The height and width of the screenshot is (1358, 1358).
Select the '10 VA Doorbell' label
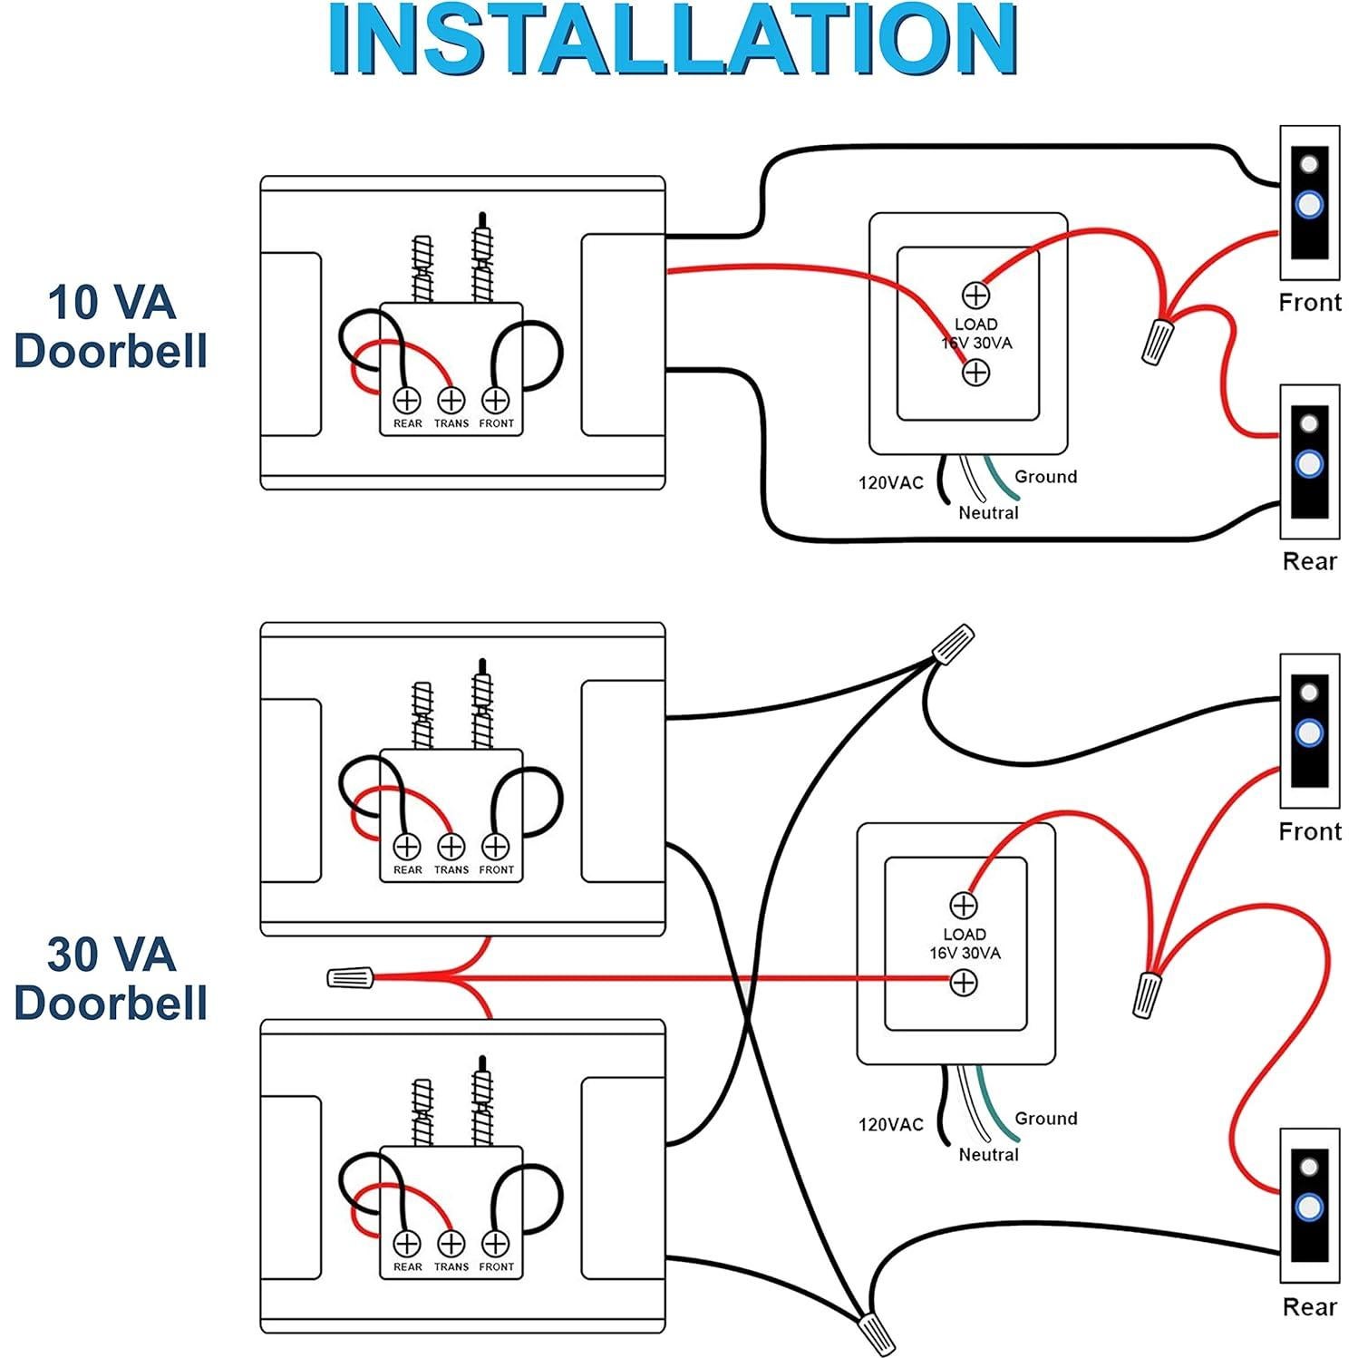(x=111, y=326)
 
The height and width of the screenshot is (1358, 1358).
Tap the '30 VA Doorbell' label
(x=111, y=978)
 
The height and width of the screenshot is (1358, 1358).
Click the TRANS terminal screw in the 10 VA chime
(x=451, y=400)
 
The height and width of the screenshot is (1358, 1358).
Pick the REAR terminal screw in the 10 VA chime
(x=407, y=400)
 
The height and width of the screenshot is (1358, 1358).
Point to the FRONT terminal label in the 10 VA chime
(x=496, y=423)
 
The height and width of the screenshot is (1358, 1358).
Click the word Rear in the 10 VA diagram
(x=1309, y=561)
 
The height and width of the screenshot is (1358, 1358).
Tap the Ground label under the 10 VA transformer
(x=1045, y=477)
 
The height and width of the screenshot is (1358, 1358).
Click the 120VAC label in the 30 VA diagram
(x=890, y=1124)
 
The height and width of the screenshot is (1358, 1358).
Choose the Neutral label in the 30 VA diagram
(x=988, y=1154)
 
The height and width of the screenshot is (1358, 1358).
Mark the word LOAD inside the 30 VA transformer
(x=965, y=934)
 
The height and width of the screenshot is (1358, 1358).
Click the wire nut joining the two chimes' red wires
(x=350, y=977)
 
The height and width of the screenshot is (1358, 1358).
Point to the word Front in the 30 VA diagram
(x=1309, y=831)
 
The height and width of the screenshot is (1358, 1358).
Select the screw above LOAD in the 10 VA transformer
(x=975, y=295)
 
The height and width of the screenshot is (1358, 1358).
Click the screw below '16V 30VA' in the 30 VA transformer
(x=963, y=982)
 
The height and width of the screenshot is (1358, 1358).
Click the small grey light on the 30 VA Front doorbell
(x=1308, y=693)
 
